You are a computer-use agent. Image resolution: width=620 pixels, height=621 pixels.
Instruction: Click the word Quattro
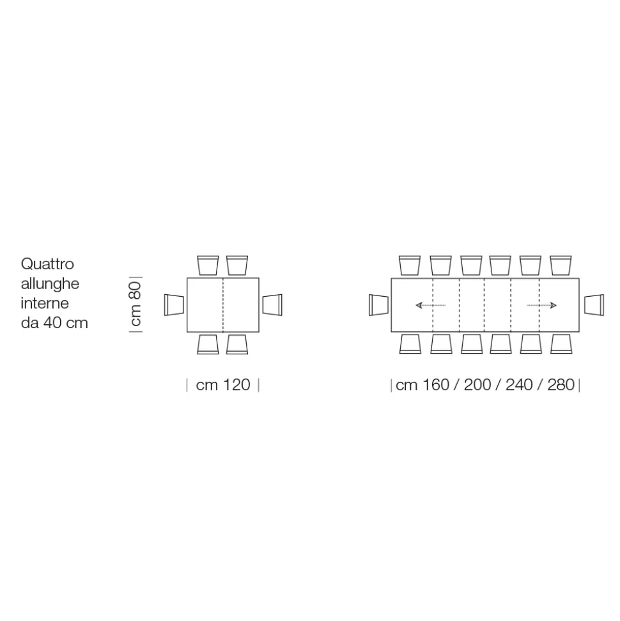click(x=47, y=264)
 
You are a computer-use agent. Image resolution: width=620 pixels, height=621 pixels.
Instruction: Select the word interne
click(x=45, y=303)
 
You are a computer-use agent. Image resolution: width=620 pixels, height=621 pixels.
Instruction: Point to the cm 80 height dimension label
click(x=136, y=304)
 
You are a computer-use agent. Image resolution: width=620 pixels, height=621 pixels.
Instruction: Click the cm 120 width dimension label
click(x=223, y=385)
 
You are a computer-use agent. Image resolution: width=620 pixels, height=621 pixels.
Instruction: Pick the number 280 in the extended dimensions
click(x=561, y=385)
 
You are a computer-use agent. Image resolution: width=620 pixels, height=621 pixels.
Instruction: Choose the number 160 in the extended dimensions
click(x=436, y=385)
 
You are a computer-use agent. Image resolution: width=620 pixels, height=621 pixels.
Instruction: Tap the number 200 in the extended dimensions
click(x=477, y=385)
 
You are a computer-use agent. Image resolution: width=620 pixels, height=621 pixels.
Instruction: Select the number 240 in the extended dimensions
click(x=519, y=385)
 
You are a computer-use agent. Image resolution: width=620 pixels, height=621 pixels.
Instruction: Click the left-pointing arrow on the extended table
click(x=431, y=305)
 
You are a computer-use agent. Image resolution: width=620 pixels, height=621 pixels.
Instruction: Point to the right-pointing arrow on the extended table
click(x=541, y=305)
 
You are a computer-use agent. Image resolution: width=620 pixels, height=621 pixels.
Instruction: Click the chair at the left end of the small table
click(x=174, y=305)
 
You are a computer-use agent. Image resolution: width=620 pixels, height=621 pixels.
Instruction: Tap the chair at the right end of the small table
click(x=272, y=305)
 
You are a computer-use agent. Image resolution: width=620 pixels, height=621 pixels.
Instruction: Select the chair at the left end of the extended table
click(x=378, y=305)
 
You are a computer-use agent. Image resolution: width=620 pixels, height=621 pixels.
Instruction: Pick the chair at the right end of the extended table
click(x=594, y=305)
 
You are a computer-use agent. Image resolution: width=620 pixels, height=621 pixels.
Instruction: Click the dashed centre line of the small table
click(x=223, y=305)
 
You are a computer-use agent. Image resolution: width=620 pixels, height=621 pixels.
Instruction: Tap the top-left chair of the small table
click(x=208, y=265)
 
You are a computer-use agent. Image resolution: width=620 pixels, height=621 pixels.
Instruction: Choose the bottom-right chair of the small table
click(x=237, y=344)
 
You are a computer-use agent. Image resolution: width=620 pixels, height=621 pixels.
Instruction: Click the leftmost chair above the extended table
click(x=410, y=265)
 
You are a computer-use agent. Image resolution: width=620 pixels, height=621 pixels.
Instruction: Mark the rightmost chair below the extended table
click(x=561, y=344)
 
